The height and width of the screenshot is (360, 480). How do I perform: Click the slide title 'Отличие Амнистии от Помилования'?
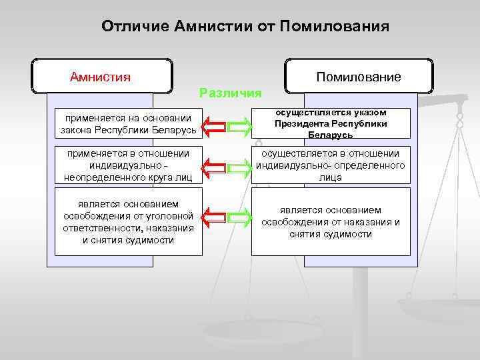(245, 27)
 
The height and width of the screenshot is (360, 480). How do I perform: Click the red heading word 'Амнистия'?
(101, 76)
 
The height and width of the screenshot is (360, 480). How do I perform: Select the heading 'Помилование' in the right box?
(359, 77)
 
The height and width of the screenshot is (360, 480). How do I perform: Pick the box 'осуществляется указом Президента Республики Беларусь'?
(331, 123)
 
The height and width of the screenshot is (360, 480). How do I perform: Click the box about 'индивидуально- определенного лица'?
(331, 165)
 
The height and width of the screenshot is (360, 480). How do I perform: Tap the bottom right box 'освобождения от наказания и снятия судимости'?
(331, 221)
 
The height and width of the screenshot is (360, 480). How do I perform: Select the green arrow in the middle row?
(240, 166)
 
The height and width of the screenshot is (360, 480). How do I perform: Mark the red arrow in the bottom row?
(215, 215)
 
